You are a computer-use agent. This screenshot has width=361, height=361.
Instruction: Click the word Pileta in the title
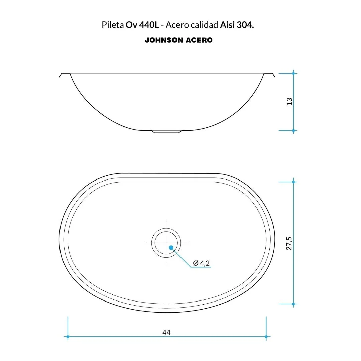coord(113,25)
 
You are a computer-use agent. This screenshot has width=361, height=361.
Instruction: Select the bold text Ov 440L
coord(142,25)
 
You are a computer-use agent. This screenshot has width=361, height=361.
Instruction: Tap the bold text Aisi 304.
coord(237,25)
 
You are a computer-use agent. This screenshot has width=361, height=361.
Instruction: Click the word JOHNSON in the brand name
coord(164,40)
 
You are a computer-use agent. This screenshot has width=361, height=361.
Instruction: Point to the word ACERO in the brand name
coord(199,40)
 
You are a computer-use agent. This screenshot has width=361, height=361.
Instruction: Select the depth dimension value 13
coord(289,102)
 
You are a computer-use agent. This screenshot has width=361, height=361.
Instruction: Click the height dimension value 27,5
coord(289,243)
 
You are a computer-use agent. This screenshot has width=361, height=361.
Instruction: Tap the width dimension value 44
coord(166,332)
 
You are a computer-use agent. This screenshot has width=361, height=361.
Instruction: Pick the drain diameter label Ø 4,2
coord(202,263)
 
